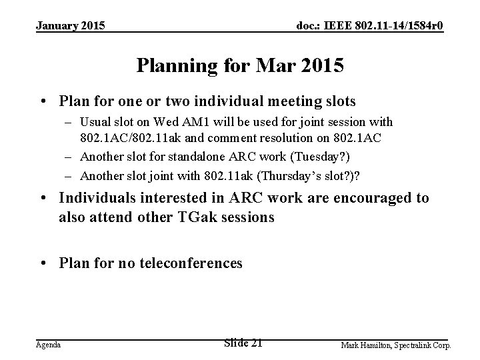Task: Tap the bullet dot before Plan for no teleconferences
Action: tap(42, 263)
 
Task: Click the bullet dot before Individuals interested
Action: tap(42, 199)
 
